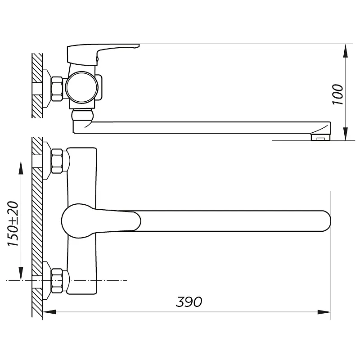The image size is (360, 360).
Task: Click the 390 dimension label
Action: pyautogui.click(x=189, y=301)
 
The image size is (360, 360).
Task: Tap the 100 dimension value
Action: pyautogui.click(x=338, y=94)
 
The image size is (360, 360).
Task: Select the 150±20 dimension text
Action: pyautogui.click(x=13, y=224)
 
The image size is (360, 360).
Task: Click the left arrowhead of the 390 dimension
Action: pyautogui.click(x=49, y=312)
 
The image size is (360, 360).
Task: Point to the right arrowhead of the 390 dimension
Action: pyautogui.click(x=324, y=312)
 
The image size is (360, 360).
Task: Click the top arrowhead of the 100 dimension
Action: pyautogui.click(x=345, y=50)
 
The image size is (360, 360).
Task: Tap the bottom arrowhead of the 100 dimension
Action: pyautogui.click(x=345, y=134)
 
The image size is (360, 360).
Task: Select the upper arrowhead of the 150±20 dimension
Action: pyautogui.click(x=21, y=168)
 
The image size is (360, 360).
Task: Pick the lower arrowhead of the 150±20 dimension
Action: pyautogui.click(x=21, y=274)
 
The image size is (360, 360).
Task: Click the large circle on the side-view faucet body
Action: pyautogui.click(x=82, y=87)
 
